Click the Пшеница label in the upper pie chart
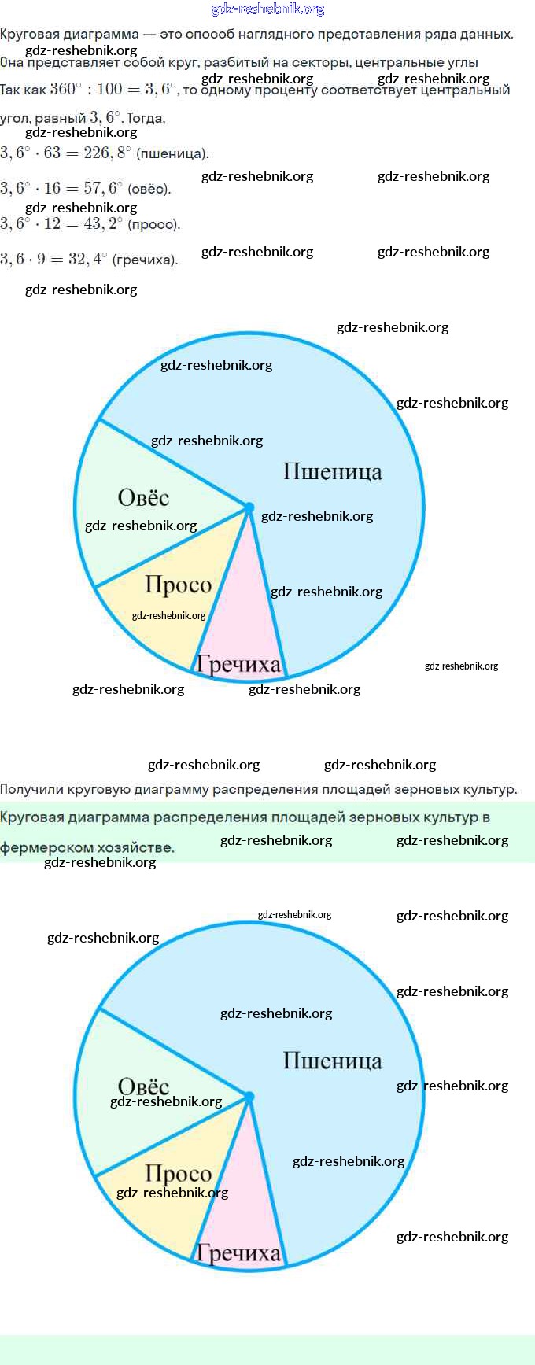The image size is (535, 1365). click(332, 471)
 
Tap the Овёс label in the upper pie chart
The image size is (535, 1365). click(143, 497)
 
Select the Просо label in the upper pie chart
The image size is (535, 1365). click(179, 585)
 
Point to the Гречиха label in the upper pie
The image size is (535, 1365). click(238, 665)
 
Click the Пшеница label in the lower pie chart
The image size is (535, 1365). click(332, 1061)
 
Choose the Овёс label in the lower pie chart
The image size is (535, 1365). click(143, 1086)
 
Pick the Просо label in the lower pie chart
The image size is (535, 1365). click(179, 1174)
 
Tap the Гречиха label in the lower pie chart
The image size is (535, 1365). click(238, 1253)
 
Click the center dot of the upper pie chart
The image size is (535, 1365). click(249, 508)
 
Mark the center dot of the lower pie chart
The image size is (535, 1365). click(249, 1097)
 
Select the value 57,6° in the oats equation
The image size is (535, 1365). click(103, 188)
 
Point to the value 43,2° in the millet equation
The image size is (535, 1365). click(103, 223)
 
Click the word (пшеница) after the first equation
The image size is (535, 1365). click(172, 153)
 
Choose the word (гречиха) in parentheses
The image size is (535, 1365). click(145, 260)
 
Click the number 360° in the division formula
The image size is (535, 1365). click(65, 89)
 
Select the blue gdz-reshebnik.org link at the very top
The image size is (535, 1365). click(267, 9)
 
